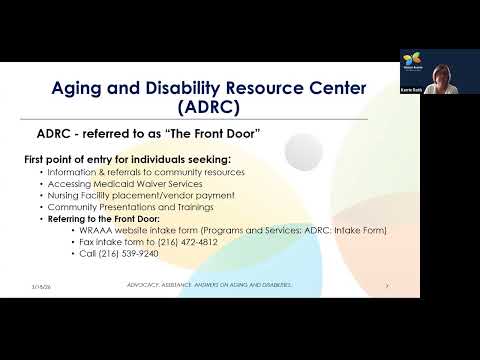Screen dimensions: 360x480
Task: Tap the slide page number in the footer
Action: (x=384, y=286)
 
